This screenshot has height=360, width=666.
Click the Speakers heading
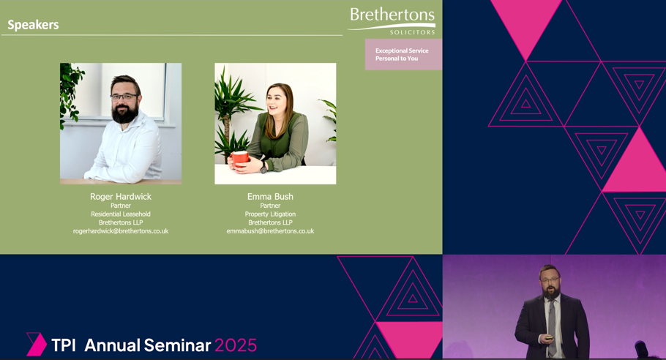coord(33,25)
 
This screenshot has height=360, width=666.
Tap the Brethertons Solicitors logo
coord(392,20)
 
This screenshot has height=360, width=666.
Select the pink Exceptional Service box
coord(403,54)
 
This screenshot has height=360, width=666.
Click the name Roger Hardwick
coord(121,197)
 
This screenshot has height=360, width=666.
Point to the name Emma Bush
coord(270,197)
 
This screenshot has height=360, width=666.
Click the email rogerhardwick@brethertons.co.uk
coord(121,231)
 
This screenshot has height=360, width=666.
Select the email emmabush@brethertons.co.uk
coord(270,231)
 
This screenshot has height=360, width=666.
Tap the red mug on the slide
coord(239,158)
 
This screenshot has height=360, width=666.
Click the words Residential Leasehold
coord(121,214)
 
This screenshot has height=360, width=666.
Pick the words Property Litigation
coord(270,214)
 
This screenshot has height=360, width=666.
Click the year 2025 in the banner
coord(236,345)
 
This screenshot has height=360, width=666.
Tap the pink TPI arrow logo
coord(37,344)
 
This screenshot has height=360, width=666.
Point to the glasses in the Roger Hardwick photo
coord(124,97)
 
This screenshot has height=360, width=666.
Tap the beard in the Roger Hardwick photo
coord(125,113)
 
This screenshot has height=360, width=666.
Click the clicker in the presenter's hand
coord(549,338)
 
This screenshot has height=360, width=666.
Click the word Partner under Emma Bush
coord(270,206)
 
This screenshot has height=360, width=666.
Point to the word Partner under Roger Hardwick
coord(121,206)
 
